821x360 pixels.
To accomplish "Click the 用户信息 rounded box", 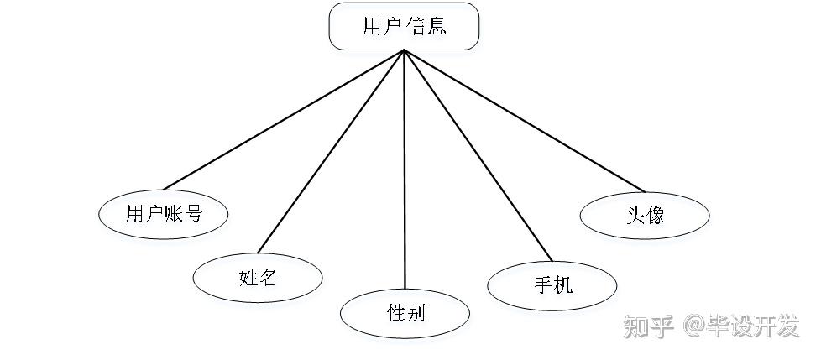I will tap(403, 26).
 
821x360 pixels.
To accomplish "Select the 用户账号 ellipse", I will tap(164, 213).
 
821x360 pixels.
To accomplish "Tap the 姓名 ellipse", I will tap(258, 278).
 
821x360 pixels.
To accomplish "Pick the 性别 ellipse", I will tap(405, 314).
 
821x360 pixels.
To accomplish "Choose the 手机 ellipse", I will tap(552, 284).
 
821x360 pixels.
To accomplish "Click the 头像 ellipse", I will tap(645, 214).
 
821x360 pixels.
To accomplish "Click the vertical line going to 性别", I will tap(405, 168).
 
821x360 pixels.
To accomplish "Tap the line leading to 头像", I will tap(520, 117).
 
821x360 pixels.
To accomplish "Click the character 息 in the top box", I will tap(437, 26).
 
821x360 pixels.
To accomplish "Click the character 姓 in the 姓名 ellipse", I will tap(248, 278).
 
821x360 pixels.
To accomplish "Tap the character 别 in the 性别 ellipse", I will tap(416, 314).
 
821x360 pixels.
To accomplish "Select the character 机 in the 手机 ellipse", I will tap(563, 284).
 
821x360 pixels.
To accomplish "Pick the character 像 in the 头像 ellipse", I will tap(656, 214).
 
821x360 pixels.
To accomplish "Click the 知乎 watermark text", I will tap(649, 327).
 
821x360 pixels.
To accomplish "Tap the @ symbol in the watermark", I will tap(694, 327).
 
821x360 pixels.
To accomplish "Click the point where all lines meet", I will tap(405, 50).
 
